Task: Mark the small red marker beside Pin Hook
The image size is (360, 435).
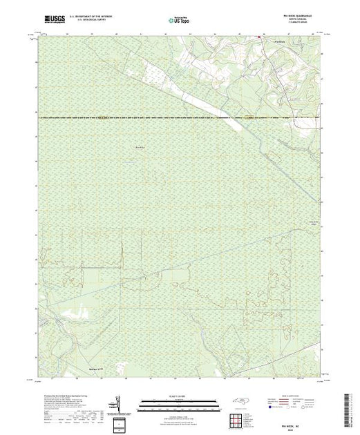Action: [x=259, y=37]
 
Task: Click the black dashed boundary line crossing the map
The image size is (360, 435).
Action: [x=138, y=118]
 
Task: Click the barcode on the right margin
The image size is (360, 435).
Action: [x=352, y=407]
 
